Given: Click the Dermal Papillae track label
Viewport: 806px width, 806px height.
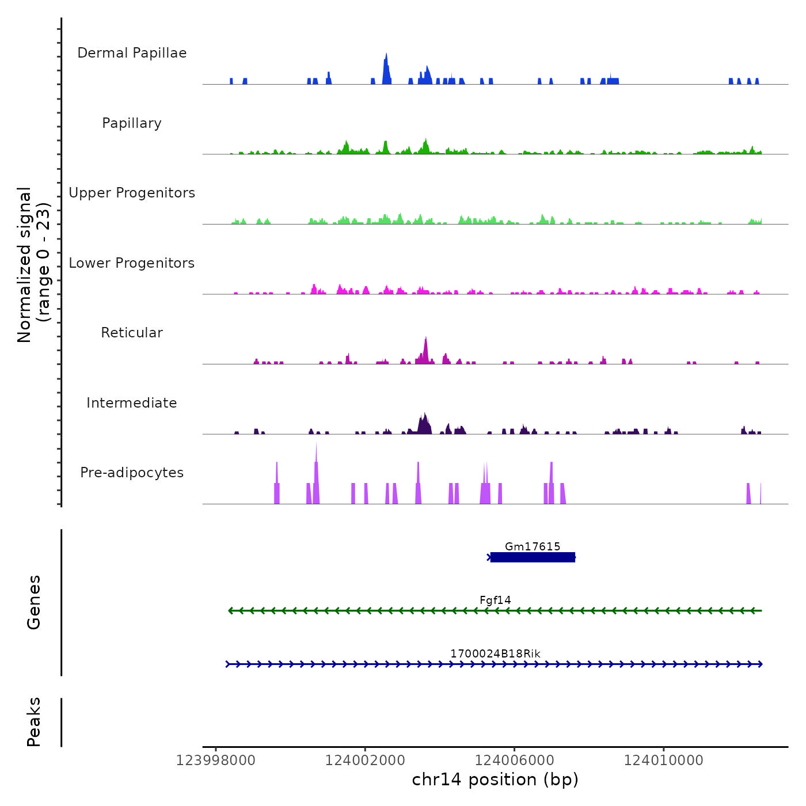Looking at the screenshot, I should click(132, 53).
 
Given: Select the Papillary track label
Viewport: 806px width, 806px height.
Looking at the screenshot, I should click(132, 123).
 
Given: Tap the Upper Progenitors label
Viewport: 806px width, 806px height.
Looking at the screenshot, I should click(132, 193).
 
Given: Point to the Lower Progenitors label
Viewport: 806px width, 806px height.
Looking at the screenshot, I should click(132, 263).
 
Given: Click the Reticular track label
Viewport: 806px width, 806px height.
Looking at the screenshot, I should click(132, 333).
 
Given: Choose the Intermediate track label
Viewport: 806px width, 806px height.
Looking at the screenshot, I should click(132, 403).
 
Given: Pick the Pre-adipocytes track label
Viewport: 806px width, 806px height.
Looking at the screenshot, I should click(132, 473).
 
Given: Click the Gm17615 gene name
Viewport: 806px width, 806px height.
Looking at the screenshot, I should click(533, 546).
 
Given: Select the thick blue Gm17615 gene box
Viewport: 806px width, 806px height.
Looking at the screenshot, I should click(533, 557).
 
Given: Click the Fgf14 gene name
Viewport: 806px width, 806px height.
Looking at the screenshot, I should click(495, 600).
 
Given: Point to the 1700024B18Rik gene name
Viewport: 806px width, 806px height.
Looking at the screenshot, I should click(495, 653).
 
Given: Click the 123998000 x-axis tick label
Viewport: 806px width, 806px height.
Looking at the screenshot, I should click(216, 761).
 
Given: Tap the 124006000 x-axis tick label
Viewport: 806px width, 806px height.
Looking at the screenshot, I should click(514, 761).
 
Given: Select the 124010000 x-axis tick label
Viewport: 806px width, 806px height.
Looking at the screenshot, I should click(663, 761).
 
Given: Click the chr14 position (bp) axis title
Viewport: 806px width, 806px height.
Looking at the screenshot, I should click(495, 780).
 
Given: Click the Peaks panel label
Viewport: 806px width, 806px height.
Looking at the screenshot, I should click(34, 722).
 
